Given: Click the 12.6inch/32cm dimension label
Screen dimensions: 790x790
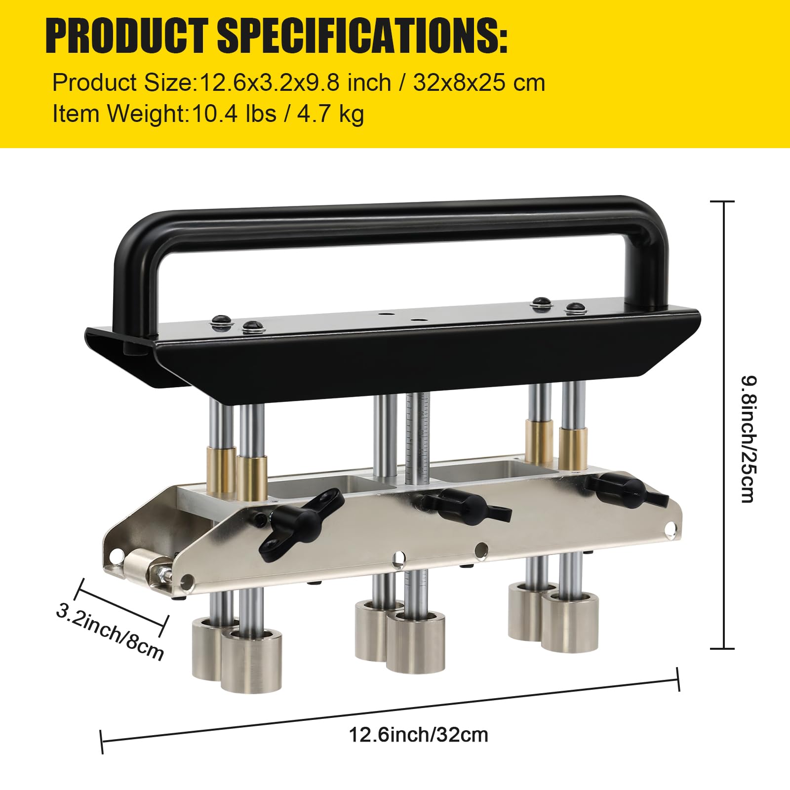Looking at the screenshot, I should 418,735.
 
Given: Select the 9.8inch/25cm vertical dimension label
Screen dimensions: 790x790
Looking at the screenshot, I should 748,439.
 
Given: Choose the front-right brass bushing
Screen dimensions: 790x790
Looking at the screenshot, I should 573,448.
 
